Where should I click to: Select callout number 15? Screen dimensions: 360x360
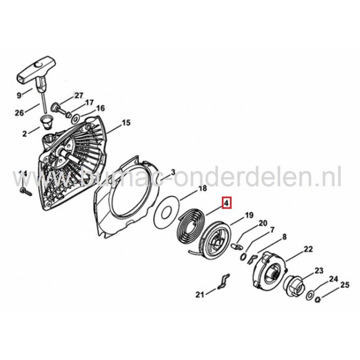click(x=125, y=123)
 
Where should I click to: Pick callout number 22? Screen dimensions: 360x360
click(x=308, y=249)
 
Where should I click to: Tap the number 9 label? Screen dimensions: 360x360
click(x=19, y=95)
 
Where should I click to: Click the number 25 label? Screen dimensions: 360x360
click(x=345, y=285)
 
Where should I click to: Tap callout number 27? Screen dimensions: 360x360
click(x=78, y=96)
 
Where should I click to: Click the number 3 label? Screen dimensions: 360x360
click(x=173, y=172)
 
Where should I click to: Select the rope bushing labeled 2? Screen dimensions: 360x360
click(x=48, y=123)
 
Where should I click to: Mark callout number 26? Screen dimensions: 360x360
click(x=19, y=113)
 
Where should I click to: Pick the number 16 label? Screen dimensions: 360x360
click(x=100, y=108)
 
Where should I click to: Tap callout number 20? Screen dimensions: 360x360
click(x=263, y=223)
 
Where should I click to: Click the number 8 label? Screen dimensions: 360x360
click(x=284, y=237)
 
